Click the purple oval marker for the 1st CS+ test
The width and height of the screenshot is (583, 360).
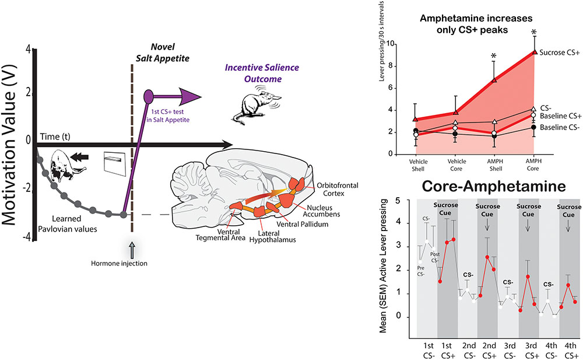tap(148, 96)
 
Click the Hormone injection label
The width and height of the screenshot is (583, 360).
tap(119, 263)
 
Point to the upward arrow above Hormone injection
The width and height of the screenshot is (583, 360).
tap(132, 250)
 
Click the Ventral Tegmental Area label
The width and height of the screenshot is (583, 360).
tap(220, 235)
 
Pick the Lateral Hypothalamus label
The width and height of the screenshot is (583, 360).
tap(272, 236)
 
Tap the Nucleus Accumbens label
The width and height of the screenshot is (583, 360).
tap(321, 211)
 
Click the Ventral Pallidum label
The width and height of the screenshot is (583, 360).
tap(302, 224)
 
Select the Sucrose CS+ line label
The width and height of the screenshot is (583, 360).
tap(559, 53)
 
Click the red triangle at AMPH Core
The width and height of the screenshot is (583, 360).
tap(534, 52)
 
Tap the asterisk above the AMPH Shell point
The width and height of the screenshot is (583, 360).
tap(493, 56)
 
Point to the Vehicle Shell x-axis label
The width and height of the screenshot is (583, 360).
tap(418, 165)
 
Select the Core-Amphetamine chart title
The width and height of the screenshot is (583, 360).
tap(493, 186)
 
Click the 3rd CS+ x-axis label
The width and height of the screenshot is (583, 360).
tap(532, 351)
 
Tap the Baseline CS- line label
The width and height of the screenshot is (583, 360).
tap(560, 127)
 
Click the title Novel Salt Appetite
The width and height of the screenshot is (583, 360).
tap(163, 53)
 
